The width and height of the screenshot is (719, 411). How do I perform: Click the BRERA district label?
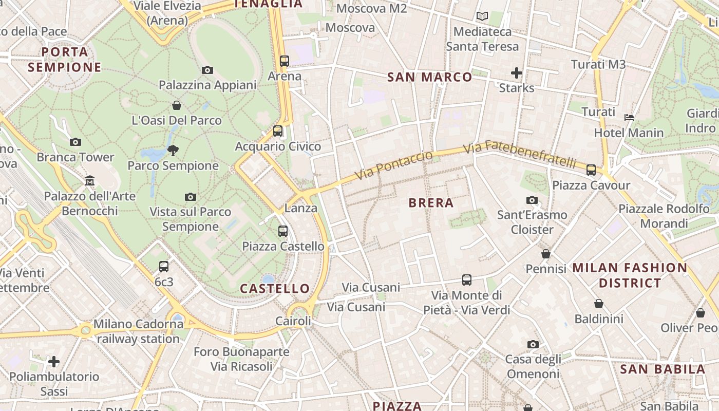(431, 203)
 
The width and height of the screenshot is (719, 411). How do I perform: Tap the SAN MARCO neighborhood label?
(429, 77)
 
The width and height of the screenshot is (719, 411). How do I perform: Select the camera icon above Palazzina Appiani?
(207, 70)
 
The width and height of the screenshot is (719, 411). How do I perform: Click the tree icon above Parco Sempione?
(173, 151)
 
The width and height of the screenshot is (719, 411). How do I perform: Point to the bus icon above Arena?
(285, 61)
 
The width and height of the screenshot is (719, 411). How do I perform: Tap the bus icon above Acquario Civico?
(278, 130)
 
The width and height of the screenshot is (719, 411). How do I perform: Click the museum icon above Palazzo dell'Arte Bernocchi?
(90, 180)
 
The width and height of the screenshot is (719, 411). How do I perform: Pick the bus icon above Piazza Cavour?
(591, 170)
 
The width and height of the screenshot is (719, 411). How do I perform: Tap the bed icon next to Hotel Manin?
(629, 118)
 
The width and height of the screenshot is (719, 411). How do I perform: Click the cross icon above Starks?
(517, 73)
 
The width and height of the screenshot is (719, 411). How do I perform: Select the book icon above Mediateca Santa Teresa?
(482, 16)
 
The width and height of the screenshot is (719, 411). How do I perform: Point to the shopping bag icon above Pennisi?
(546, 254)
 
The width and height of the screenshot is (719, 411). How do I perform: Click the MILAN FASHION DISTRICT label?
(630, 275)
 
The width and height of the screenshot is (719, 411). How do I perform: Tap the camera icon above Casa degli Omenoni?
(533, 344)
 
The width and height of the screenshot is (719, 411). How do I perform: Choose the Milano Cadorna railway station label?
(138, 331)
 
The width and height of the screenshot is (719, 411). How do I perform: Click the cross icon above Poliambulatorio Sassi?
(54, 362)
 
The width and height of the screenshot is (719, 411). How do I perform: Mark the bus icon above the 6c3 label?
(164, 266)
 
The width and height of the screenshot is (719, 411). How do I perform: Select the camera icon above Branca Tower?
(75, 142)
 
